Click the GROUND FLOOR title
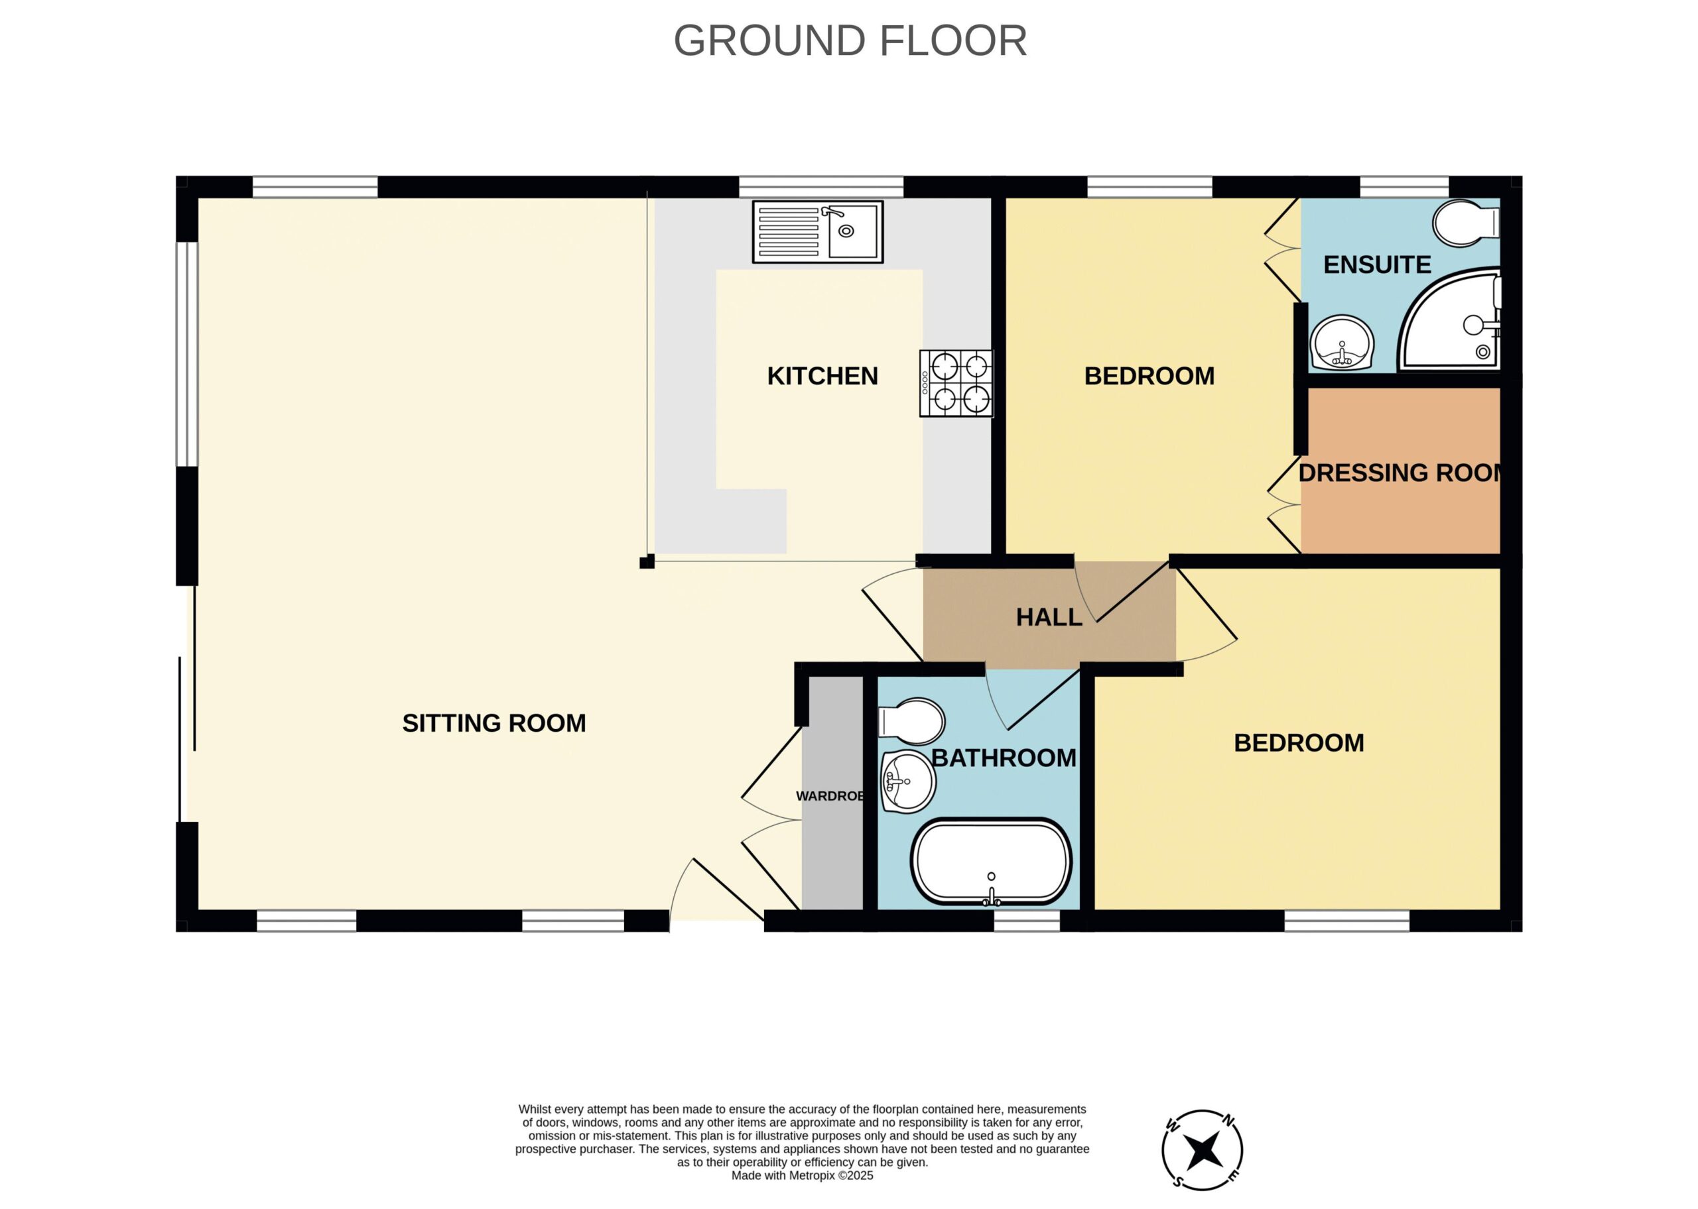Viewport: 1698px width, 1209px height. pyautogui.click(x=850, y=41)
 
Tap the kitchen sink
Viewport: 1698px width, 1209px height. pyautogui.click(x=818, y=231)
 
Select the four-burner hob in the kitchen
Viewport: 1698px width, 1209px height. pyautogui.click(x=956, y=383)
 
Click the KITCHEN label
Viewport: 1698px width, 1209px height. pyautogui.click(x=822, y=376)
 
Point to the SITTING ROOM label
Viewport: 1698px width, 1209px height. pyautogui.click(x=493, y=723)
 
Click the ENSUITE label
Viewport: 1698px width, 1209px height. pyautogui.click(x=1377, y=265)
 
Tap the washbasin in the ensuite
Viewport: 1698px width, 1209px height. pyautogui.click(x=1342, y=343)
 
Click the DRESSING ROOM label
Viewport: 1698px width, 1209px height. pyautogui.click(x=1400, y=473)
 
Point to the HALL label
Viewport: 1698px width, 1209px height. pyautogui.click(x=1049, y=617)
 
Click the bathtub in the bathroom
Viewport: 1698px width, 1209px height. pyautogui.click(x=991, y=863)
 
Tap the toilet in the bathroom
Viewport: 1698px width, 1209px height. pyautogui.click(x=911, y=720)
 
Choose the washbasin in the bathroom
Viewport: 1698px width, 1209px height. pyautogui.click(x=908, y=781)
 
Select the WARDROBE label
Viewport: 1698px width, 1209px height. pyautogui.click(x=830, y=796)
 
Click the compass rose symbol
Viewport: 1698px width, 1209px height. pyautogui.click(x=1202, y=1150)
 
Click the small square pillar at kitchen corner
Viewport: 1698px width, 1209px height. pyautogui.click(x=647, y=562)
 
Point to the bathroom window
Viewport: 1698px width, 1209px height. pyautogui.click(x=1026, y=921)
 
